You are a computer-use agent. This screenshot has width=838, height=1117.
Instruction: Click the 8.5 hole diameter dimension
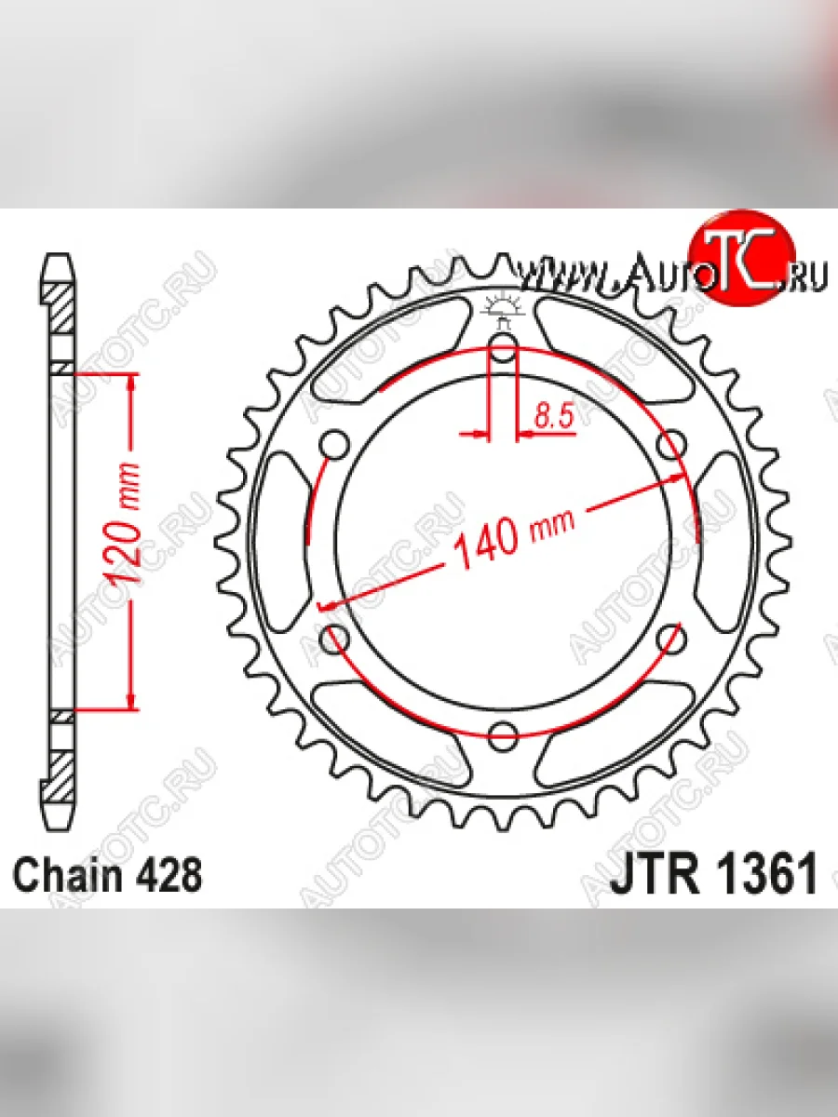pyautogui.click(x=554, y=416)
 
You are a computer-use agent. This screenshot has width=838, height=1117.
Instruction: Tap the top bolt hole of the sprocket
pyautogui.click(x=503, y=346)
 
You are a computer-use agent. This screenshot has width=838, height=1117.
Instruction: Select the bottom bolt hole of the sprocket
pyautogui.click(x=503, y=736)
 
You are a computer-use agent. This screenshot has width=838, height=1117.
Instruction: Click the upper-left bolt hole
pyautogui.click(x=335, y=444)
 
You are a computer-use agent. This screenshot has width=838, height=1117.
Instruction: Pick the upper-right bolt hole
pyautogui.click(x=671, y=444)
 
